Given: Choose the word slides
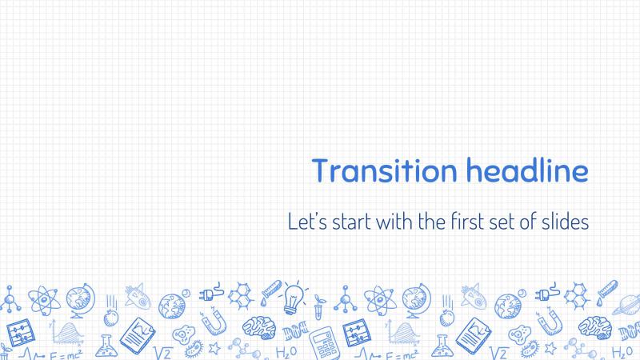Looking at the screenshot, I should [x=566, y=222].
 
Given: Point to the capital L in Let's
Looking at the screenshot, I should [x=292, y=222].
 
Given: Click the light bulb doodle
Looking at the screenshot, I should [x=294, y=298].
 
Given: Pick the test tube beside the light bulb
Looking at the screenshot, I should [x=270, y=292].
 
